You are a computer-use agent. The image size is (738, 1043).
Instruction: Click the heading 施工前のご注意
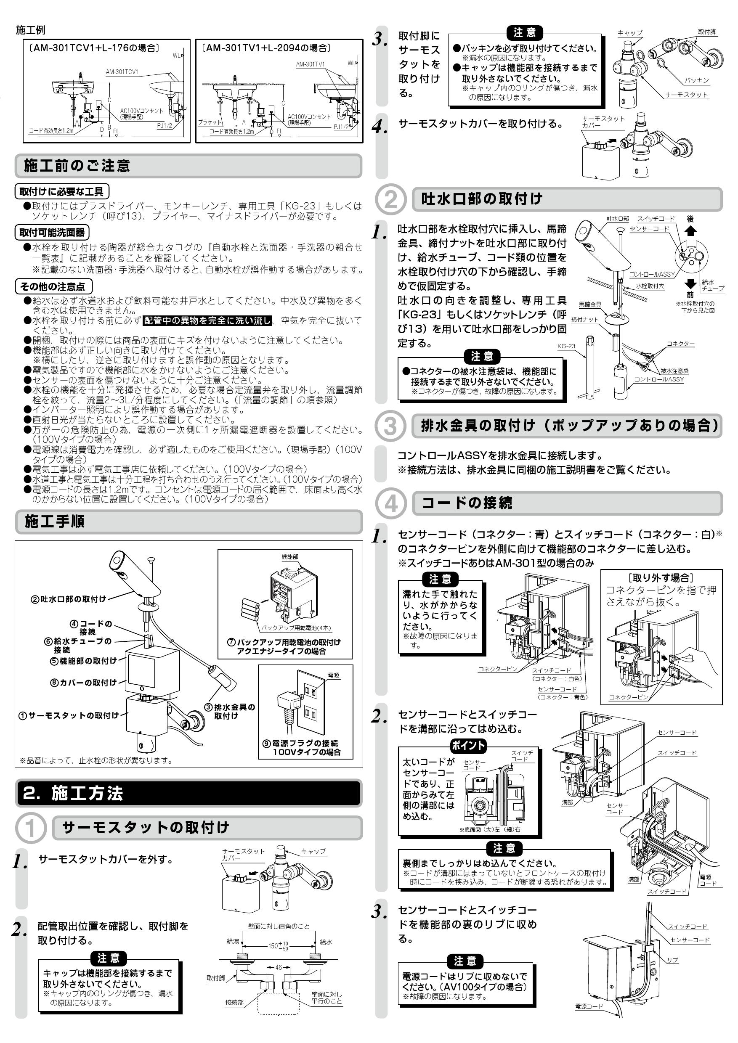point(77,166)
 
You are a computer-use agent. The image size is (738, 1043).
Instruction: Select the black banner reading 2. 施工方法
point(73,793)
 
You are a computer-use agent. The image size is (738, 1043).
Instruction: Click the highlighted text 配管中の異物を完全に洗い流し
point(207,321)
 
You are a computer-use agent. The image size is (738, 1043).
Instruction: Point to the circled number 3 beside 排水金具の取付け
point(390,426)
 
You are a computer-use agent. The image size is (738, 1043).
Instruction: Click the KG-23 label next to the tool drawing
point(566,346)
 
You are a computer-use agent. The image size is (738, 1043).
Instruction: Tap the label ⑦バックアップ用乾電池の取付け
point(284,642)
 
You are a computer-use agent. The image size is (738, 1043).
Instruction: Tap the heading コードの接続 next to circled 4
point(467,503)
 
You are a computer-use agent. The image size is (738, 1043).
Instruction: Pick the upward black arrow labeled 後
point(690,231)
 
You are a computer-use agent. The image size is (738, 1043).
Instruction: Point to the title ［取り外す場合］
point(661,578)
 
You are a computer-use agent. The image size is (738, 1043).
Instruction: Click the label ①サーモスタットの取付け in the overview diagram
point(68,715)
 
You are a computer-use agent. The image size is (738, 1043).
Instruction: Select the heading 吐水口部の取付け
point(482,199)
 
